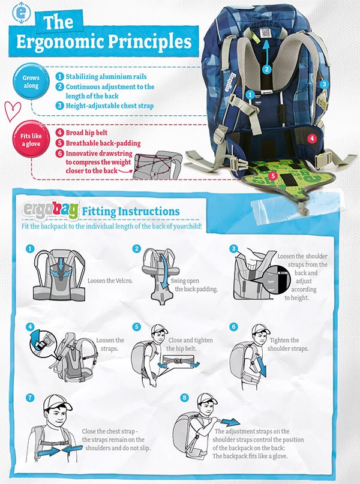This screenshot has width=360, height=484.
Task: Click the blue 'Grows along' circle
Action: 31,82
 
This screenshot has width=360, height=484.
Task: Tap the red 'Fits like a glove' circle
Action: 31,140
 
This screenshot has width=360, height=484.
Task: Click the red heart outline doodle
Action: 13,111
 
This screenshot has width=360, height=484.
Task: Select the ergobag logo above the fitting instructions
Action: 50,211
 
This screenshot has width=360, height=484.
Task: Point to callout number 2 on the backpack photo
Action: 267,69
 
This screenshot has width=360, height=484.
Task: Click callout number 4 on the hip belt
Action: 312,139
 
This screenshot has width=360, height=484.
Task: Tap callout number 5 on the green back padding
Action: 273,176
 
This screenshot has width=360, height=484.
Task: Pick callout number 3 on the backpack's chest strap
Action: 324,84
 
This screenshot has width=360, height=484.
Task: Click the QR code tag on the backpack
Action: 265,33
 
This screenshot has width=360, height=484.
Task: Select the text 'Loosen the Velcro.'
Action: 110,281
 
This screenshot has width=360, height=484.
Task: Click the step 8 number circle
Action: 184,397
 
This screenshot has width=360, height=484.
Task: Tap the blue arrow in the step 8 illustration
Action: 230,422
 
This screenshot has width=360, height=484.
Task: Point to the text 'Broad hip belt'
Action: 86,133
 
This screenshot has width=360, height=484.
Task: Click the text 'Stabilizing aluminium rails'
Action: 106,77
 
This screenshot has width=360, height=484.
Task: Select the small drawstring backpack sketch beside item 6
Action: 157,165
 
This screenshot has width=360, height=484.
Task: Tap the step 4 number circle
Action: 30,327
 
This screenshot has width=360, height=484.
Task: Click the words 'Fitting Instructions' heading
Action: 131,212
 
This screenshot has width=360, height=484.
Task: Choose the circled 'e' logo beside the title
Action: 20,13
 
